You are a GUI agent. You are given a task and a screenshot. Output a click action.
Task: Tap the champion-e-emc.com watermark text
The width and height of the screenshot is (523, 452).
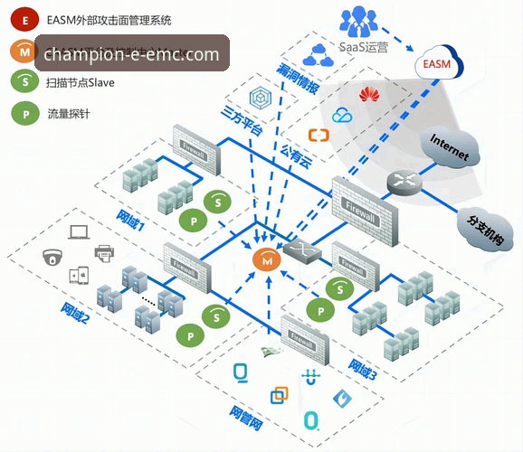click(131, 54)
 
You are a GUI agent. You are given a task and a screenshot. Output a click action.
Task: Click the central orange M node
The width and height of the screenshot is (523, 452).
click(266, 259)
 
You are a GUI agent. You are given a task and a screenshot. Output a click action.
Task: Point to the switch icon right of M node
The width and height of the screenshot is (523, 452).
click(297, 247)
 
